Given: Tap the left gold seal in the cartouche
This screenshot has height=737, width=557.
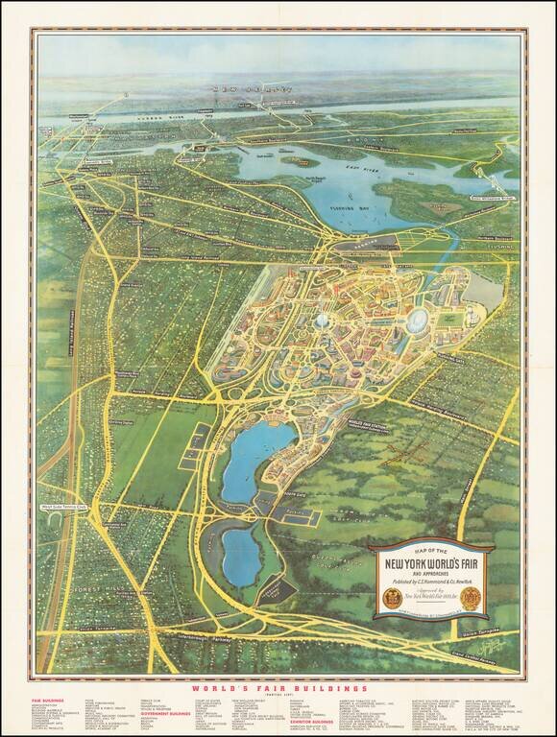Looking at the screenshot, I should [391, 594].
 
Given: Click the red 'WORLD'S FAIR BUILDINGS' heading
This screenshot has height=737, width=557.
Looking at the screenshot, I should [278, 688].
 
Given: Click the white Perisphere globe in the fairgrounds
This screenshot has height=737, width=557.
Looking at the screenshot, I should [320, 321].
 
